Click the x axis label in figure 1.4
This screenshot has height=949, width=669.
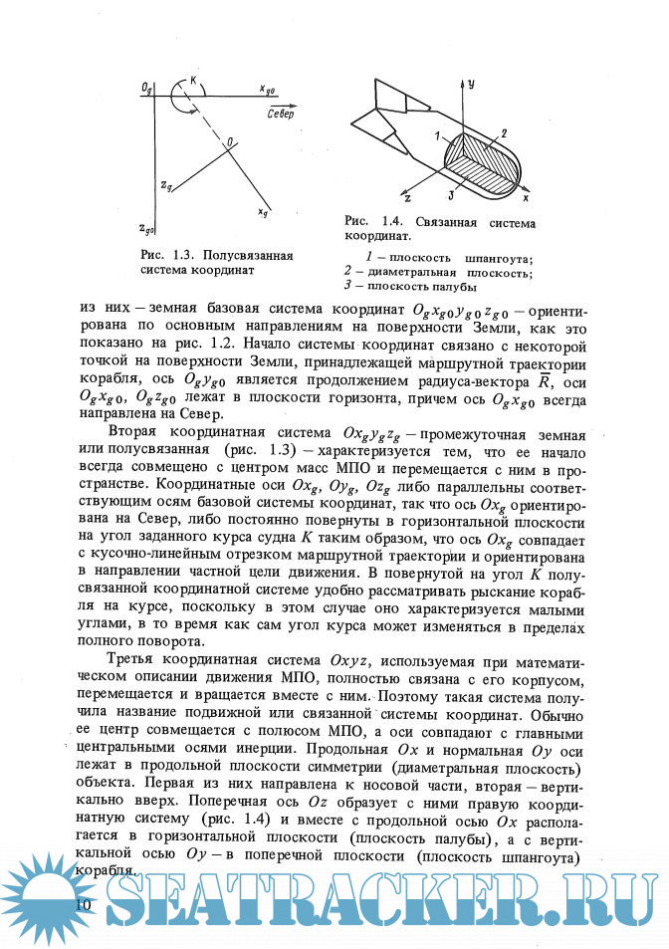point(526,187)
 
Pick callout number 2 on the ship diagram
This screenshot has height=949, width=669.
point(505,132)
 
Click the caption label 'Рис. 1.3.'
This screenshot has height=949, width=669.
point(163,255)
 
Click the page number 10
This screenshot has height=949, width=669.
point(84,902)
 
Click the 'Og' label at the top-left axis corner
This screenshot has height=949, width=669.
point(147,88)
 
